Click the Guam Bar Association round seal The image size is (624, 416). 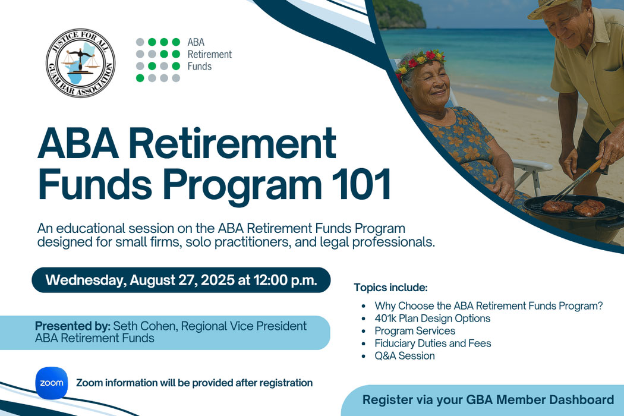80,63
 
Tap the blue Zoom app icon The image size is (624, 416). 51,383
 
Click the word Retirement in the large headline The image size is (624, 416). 232,143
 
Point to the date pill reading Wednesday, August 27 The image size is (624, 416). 181,280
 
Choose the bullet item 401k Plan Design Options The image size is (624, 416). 432,319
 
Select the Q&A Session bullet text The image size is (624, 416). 404,355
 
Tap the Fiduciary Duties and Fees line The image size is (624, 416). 433,343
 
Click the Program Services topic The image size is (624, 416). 415,331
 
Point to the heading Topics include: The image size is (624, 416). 390,288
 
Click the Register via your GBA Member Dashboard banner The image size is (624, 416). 483,400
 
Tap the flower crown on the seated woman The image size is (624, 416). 420,62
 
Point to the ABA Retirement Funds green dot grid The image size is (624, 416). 158,60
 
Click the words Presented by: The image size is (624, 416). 73,326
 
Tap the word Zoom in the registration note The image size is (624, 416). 89,383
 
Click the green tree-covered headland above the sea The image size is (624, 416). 399,14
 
